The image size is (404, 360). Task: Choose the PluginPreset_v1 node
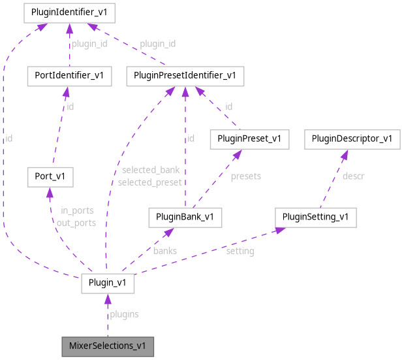tap(249, 139)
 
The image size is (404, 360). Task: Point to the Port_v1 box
tap(50, 176)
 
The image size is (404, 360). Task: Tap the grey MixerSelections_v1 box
tap(108, 346)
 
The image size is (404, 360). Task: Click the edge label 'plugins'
tap(123, 314)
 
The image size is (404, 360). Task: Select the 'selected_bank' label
tap(149, 171)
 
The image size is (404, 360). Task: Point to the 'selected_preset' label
tap(149, 182)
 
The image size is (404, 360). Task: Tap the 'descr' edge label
tap(353, 176)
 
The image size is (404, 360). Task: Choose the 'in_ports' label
tap(77, 210)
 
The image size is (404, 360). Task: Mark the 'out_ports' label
tap(77, 222)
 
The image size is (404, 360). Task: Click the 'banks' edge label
tap(165, 250)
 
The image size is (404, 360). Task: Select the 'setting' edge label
tap(240, 251)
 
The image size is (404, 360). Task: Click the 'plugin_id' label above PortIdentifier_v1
tap(89, 44)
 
